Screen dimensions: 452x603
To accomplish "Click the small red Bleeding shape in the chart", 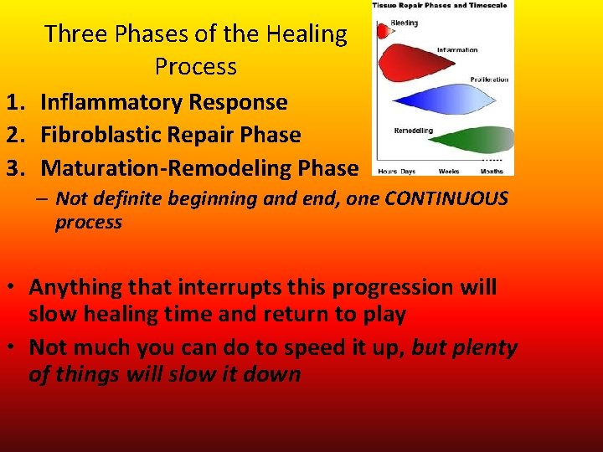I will click(x=384, y=32).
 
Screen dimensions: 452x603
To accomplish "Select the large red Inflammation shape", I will click(x=415, y=64).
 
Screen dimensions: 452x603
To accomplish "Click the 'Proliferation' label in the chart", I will click(x=489, y=80).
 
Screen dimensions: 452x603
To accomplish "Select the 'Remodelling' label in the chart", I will click(x=413, y=131).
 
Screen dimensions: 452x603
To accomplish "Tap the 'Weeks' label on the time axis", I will click(x=449, y=171).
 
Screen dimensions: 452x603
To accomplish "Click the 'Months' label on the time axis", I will click(x=492, y=171).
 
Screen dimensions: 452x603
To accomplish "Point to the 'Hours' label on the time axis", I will click(x=387, y=171).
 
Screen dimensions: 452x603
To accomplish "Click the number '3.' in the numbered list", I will click(x=18, y=167).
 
